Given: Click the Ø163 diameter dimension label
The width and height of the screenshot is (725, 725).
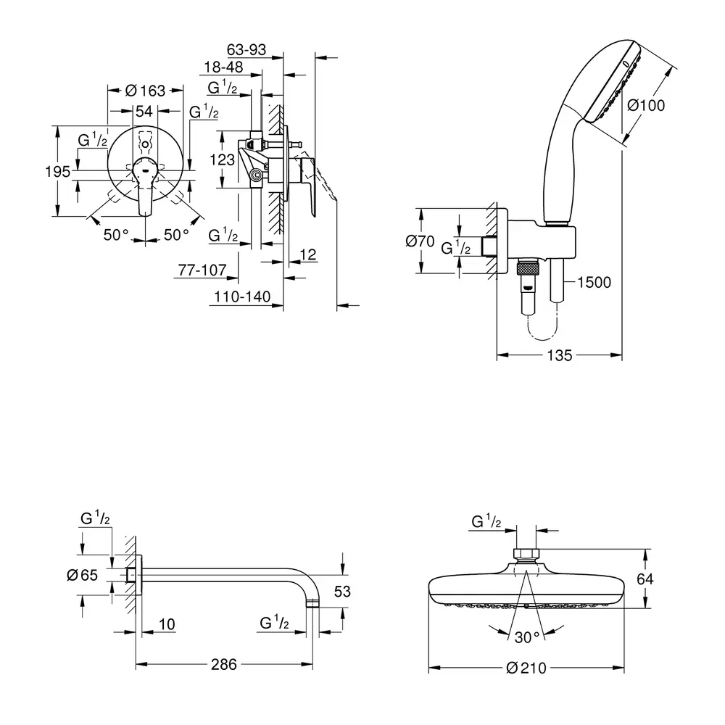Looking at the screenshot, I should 146,91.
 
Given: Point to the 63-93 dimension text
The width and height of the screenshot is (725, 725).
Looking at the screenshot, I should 246,50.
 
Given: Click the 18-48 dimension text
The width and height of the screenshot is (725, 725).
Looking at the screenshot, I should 223,67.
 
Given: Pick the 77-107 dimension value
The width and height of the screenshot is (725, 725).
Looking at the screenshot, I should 202,270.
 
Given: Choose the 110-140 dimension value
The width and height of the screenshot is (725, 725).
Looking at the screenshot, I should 241,297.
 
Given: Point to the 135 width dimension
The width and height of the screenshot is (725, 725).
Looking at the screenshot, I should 559,355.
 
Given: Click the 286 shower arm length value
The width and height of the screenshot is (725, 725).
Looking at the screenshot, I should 225,665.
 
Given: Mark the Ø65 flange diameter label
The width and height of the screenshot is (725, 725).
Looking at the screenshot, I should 81,575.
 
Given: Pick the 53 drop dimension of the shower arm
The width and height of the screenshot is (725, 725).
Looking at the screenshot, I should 342,592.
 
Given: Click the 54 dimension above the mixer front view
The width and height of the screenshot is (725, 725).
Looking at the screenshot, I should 145,111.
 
